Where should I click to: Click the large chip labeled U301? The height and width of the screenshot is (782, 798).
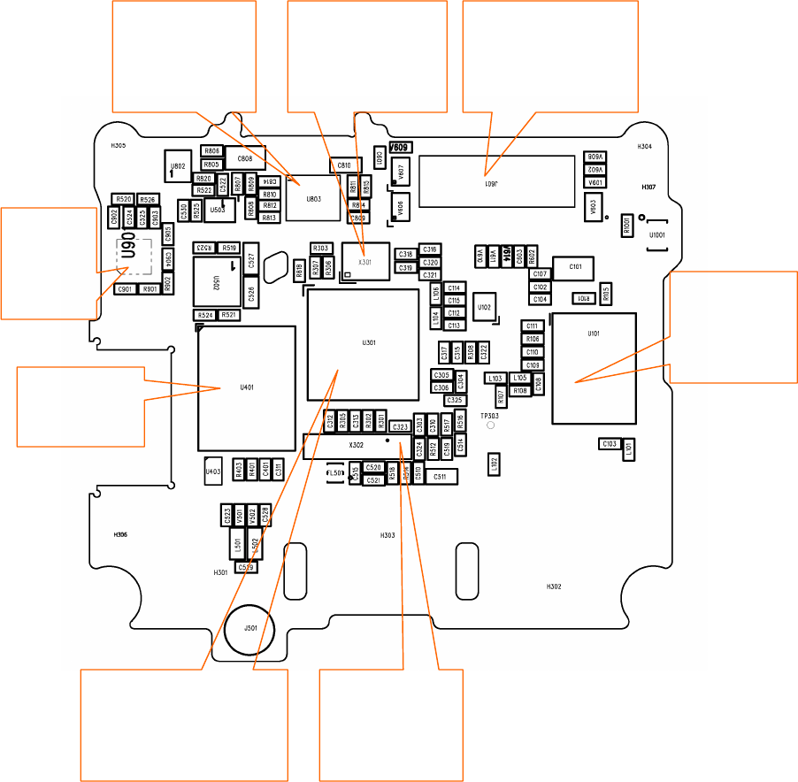363,345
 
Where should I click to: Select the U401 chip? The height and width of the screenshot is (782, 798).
246,387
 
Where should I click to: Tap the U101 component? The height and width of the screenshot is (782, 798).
594,367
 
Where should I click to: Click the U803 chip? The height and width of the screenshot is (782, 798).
313,199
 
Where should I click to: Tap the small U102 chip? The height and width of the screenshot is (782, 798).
485,307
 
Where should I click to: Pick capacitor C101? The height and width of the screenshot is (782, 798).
575,267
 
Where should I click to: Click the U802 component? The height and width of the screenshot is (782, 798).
178,165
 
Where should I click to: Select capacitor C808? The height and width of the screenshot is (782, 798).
245,158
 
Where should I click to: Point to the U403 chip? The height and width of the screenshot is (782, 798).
213,471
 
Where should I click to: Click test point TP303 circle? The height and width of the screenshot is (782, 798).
491,425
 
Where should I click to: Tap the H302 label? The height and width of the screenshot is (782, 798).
554,586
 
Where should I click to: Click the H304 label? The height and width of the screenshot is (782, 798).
645,148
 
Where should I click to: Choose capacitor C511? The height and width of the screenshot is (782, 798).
440,477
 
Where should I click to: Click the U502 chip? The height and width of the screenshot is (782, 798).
215,282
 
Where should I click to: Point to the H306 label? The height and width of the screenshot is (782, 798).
121,535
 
